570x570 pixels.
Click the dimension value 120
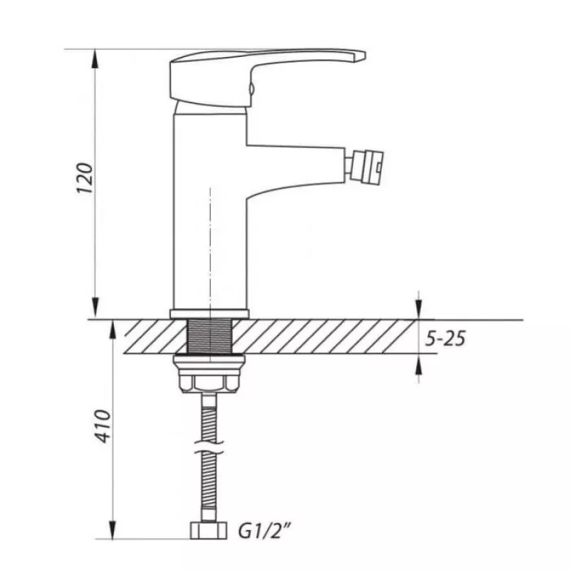[x=85, y=181]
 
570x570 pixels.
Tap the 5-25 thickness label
[x=445, y=338]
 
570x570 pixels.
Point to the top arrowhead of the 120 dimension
[x=95, y=58]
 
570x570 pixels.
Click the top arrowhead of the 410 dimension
[x=112, y=329]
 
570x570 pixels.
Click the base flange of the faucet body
[x=209, y=314]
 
